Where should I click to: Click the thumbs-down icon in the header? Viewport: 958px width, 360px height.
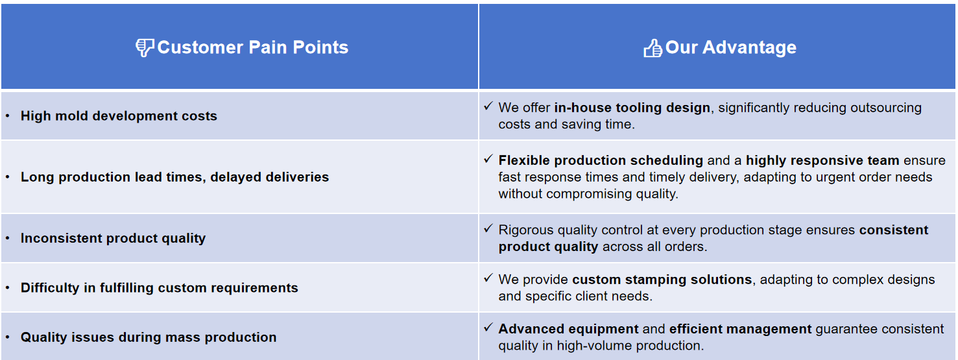pos(145,47)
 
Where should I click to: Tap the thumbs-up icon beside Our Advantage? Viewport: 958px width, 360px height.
pos(653,48)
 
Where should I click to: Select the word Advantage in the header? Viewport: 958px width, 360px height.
pos(749,48)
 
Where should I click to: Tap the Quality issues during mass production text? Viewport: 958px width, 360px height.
pos(149,337)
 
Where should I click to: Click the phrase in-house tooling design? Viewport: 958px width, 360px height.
pos(632,108)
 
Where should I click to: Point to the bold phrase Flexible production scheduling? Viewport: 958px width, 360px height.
pos(601,160)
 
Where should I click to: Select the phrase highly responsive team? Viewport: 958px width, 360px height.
pos(822,160)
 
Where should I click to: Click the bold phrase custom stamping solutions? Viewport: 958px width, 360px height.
pos(662,280)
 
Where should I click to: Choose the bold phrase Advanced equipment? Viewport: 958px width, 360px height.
pos(568,329)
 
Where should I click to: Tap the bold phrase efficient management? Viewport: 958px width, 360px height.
pos(740,329)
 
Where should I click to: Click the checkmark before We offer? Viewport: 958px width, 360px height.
pos(488,106)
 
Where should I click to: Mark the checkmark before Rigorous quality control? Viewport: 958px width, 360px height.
pos(488,228)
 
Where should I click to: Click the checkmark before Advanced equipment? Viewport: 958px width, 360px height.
pos(488,328)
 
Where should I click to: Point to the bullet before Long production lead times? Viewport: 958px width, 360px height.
pos(8,176)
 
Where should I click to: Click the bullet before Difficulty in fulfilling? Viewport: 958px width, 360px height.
pos(8,287)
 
